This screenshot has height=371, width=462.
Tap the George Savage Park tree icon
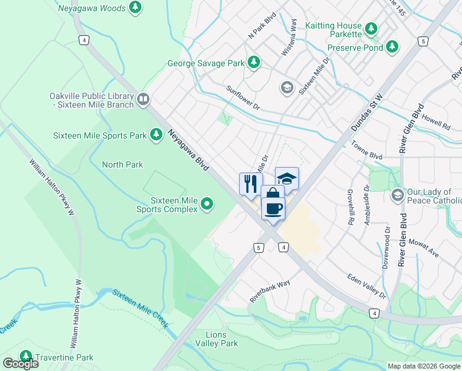pos(253,62)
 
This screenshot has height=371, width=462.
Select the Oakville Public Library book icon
pos(143,99)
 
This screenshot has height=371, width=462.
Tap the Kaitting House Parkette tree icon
pos(371,28)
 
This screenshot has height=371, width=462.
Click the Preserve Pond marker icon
pos(392,46)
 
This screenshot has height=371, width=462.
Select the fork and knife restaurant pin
pos(250,184)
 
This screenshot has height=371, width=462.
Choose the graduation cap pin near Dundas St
pos(287,179)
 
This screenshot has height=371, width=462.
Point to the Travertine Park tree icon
pos(26,357)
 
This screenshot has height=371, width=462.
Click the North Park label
pos(122,164)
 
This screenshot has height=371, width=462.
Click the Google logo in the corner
pos(20,364)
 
